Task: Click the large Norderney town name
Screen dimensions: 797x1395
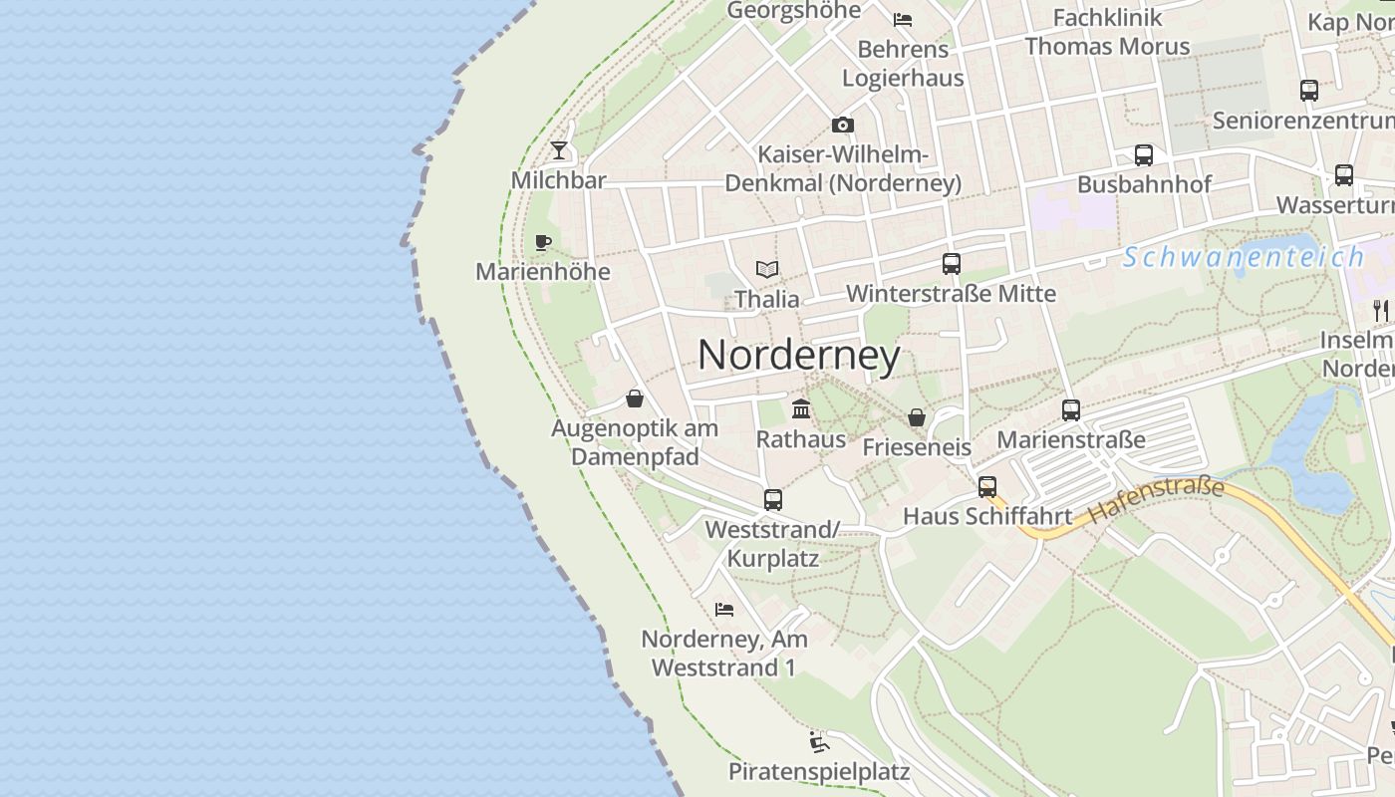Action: (799, 356)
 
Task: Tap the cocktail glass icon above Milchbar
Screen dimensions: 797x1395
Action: (559, 150)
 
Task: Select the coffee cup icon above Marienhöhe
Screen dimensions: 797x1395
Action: (543, 242)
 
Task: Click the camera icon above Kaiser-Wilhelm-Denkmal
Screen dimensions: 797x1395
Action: (843, 125)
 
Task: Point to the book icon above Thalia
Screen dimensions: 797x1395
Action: (767, 269)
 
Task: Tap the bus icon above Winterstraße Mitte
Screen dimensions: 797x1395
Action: (952, 264)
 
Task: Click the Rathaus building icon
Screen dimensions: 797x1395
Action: (801, 408)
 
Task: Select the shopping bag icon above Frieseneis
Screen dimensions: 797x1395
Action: (917, 417)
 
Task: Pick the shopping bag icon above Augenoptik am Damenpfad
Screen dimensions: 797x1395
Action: (635, 398)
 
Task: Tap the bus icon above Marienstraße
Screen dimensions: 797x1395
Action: (1071, 409)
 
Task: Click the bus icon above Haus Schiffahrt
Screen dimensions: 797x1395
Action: (987, 486)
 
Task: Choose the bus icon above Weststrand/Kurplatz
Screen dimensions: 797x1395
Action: (773, 500)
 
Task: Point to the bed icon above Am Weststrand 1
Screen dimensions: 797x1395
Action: (724, 609)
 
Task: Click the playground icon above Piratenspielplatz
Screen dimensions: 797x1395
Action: (819, 742)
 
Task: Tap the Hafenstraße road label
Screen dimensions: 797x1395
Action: (1156, 501)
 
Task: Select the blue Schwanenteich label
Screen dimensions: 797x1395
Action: (1244, 257)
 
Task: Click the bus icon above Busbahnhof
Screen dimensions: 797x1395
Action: (1144, 155)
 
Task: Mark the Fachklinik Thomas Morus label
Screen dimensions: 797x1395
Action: (1107, 32)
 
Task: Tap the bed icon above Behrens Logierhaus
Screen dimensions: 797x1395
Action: (903, 19)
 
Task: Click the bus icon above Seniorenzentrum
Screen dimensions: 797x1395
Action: (1309, 91)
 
